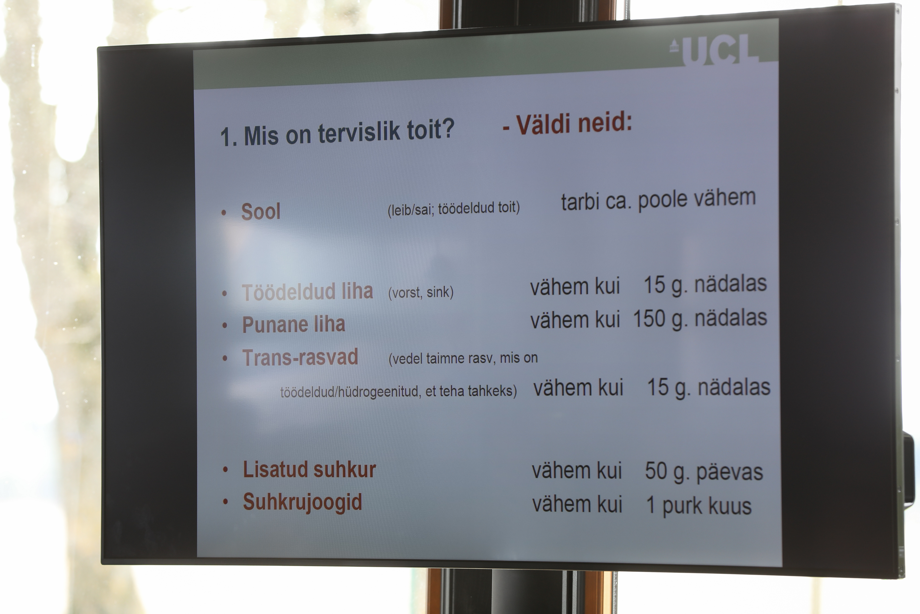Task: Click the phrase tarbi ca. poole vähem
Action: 658,199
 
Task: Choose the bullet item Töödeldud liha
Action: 307,292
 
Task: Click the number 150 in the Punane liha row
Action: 649,318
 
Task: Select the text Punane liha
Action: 293,325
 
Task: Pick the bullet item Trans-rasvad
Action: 300,358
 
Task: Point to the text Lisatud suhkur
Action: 309,469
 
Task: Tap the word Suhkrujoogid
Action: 302,502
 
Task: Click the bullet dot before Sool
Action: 224,213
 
